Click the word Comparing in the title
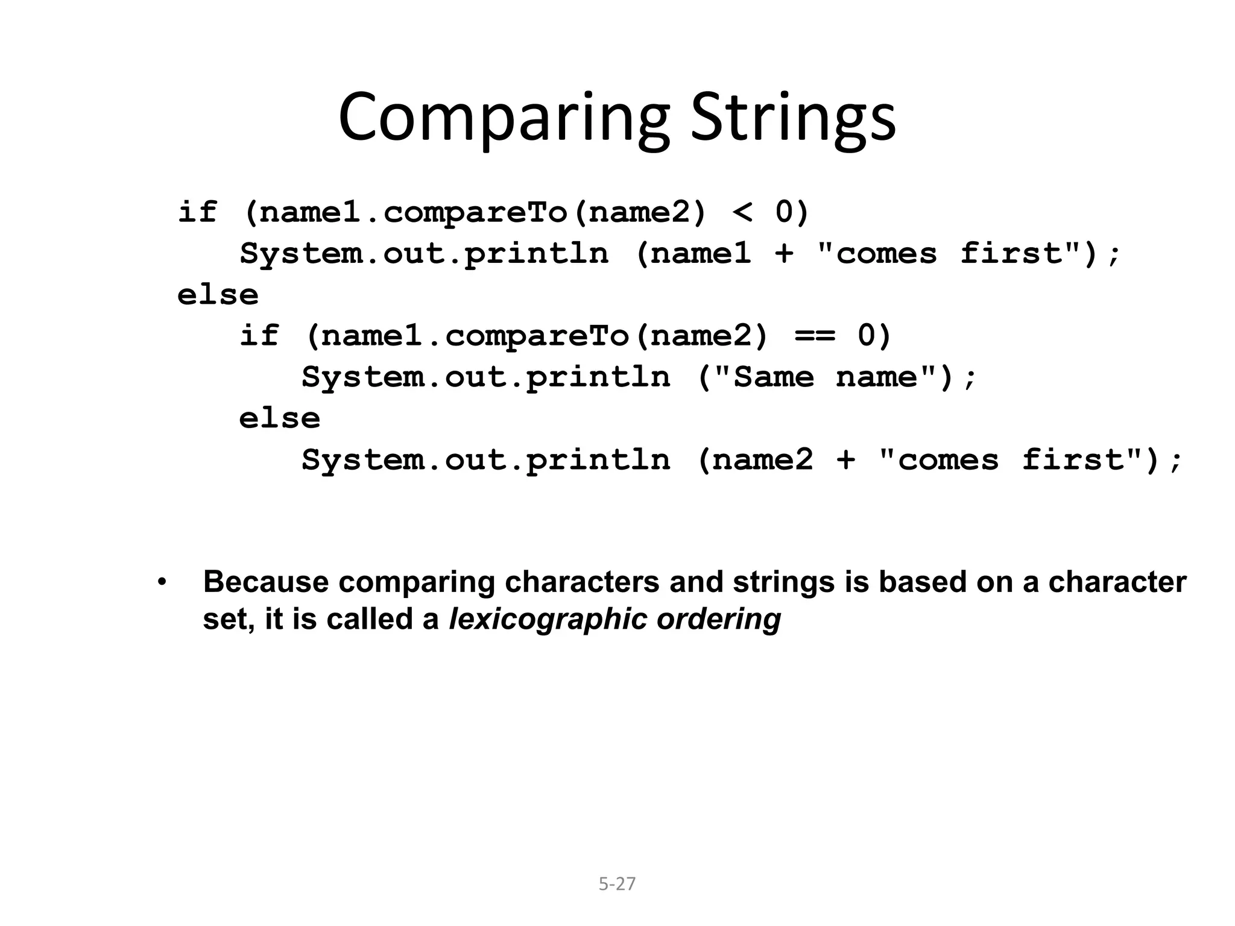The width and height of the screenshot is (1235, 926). [x=504, y=118]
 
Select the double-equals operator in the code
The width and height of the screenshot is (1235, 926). [x=815, y=336]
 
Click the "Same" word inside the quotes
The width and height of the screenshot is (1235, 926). [x=773, y=377]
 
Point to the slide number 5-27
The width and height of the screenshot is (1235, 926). [x=617, y=884]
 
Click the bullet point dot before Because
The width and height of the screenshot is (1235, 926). [x=161, y=582]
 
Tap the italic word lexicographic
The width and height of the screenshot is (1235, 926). [x=548, y=620]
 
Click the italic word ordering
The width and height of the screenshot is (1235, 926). [x=719, y=620]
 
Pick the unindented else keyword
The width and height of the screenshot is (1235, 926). [x=218, y=295]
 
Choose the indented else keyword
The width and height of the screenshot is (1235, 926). [x=280, y=418]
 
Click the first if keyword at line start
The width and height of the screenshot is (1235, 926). [x=197, y=212]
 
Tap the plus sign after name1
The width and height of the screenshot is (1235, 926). [x=783, y=253]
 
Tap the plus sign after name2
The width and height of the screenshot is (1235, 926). [x=845, y=460]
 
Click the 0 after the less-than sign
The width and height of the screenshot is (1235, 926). [x=783, y=212]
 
